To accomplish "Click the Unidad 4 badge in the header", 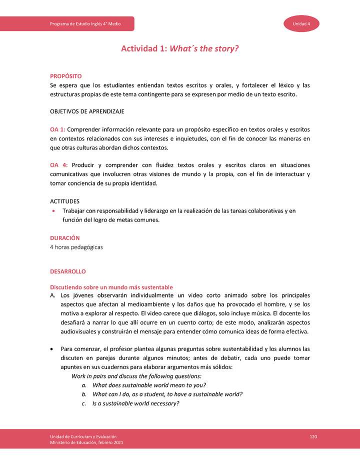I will (x=302, y=24).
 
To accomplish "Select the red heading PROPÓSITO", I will (x=65, y=76).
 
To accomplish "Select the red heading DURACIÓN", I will (x=64, y=238).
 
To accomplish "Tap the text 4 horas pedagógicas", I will (x=76, y=247).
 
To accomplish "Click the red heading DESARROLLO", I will (x=67, y=271).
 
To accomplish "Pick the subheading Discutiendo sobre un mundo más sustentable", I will (x=111, y=287).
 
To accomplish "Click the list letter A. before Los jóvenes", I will (x=52, y=295).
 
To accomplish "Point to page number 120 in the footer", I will (x=313, y=437).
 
